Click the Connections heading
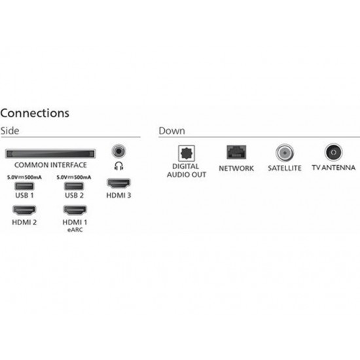(x=35, y=113)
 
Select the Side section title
(x=10, y=131)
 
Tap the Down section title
(x=171, y=131)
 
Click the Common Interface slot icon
(x=50, y=154)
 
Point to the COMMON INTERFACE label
(x=50, y=165)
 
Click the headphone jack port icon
(x=118, y=151)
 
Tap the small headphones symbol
(x=118, y=166)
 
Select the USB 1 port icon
(x=24, y=186)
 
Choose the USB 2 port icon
(x=74, y=186)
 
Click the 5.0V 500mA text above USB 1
(x=24, y=177)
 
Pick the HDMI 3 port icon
(x=118, y=183)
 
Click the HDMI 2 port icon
(x=24, y=210)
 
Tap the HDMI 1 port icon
(x=75, y=210)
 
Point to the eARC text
(x=75, y=230)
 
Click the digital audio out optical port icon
(x=187, y=153)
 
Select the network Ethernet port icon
(x=236, y=153)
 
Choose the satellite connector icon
(x=285, y=153)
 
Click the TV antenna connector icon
(x=334, y=153)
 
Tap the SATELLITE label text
(x=285, y=168)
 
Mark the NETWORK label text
(x=236, y=168)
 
